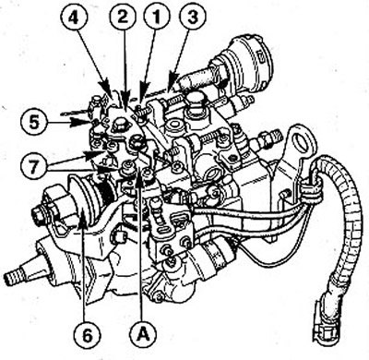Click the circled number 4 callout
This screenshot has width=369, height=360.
(73, 18)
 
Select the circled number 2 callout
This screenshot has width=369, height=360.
(123, 17)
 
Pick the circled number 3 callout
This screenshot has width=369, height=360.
(193, 17)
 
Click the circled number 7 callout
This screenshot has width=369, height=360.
(34, 168)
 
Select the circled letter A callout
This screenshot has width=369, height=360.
(143, 334)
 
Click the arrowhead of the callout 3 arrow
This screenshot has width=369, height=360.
(173, 80)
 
